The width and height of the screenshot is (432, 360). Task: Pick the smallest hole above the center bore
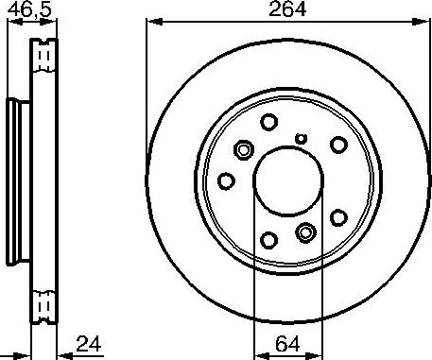tap(302, 139)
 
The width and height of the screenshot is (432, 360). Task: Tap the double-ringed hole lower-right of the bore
tap(305, 231)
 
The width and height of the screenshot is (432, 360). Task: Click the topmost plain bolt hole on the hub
tap(268, 122)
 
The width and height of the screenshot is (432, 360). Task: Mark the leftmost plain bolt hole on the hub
tap(226, 180)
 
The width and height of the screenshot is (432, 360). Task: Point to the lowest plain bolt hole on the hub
tap(268, 240)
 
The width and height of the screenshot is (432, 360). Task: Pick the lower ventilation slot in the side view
tap(42, 304)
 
